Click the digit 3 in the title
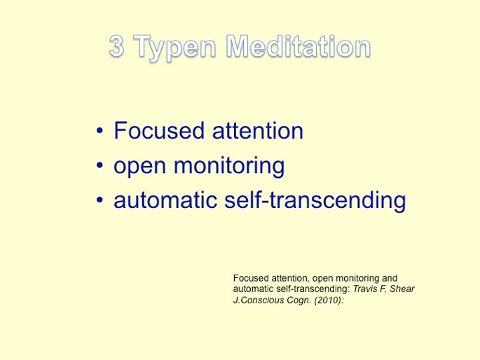point(116,46)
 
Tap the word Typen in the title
point(174,48)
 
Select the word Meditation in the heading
point(299,46)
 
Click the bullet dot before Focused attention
point(100,130)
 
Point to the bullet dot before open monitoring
point(100,165)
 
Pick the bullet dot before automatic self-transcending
point(100,200)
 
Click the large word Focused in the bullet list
point(159,130)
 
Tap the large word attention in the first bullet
point(257,131)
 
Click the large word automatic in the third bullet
point(165,200)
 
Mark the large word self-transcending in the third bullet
point(315,201)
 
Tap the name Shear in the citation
point(402,289)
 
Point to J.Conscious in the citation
point(259,300)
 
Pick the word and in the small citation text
point(390,278)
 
